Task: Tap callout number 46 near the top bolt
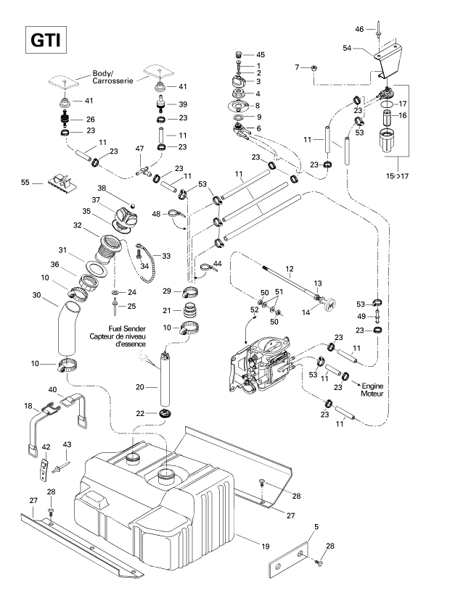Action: (359, 29)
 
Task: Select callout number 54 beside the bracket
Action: (347, 48)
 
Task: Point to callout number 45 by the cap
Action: (261, 55)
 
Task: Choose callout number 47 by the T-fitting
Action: (139, 149)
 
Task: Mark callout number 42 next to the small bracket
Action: (45, 447)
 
